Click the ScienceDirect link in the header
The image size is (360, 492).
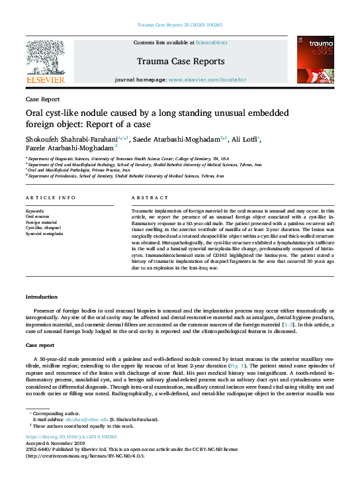pos(212,42)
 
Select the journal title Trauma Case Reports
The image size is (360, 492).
pos(179,62)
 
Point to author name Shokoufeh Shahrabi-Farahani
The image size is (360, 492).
pos(70,140)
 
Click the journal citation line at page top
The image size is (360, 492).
pos(179,25)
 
